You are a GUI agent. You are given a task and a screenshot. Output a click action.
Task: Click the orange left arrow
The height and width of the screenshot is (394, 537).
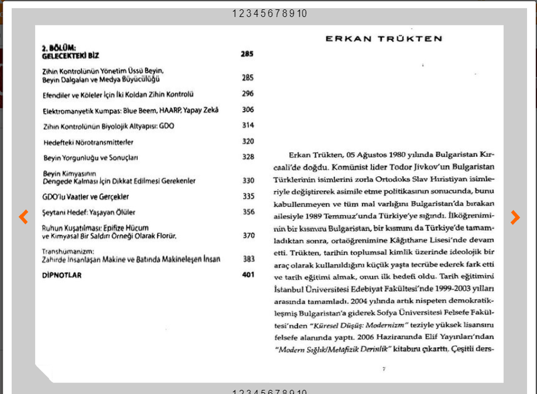[23, 216]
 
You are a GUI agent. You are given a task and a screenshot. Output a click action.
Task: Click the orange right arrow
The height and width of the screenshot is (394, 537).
[515, 216]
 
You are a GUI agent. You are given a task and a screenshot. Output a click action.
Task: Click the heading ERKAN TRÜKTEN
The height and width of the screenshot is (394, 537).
[384, 39]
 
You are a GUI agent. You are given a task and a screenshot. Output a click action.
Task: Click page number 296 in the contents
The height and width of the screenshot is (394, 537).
[248, 94]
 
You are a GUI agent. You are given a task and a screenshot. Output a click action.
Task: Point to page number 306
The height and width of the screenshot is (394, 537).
[248, 110]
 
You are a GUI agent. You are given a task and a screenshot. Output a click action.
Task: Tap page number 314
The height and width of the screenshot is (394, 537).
[248, 125]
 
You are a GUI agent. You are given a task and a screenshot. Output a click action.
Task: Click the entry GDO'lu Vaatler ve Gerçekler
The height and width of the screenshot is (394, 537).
[85, 196]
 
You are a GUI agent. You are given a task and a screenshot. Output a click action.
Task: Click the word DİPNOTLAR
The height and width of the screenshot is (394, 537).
[61, 275]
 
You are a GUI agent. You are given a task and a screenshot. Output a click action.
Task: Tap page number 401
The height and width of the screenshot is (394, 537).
[248, 275]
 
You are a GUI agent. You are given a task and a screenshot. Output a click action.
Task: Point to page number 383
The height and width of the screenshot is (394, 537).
[248, 259]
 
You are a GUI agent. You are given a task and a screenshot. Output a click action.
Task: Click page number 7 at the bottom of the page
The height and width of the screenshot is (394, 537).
[383, 369]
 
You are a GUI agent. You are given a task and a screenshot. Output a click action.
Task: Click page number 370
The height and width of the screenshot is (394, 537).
[248, 236]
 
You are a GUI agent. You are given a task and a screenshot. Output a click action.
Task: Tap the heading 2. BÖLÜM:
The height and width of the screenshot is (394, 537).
[59, 48]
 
